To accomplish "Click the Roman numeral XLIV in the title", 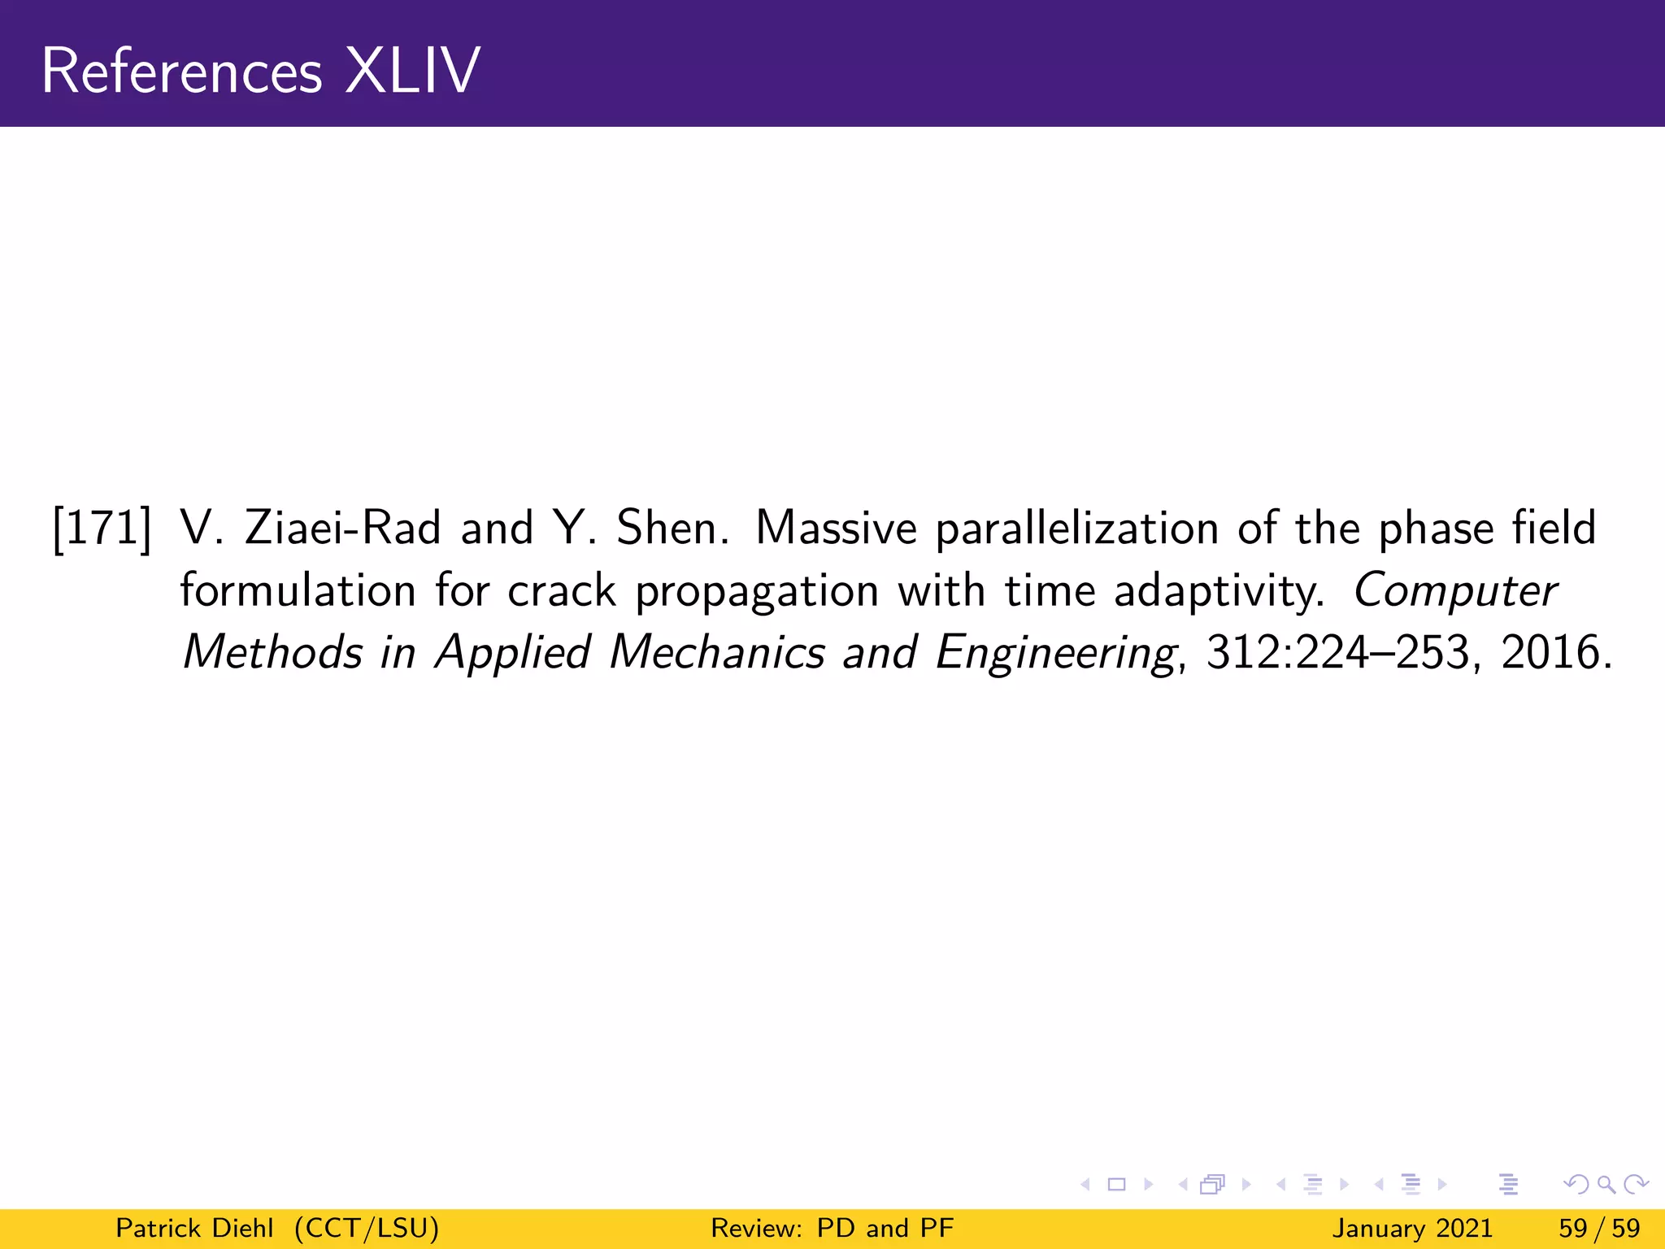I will pyautogui.click(x=412, y=72).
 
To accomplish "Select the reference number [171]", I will pyautogui.click(x=102, y=529).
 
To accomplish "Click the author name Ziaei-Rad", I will pyautogui.click(x=342, y=529).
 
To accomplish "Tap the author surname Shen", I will pyautogui.click(x=667, y=529).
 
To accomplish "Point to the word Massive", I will pyautogui.click(x=836, y=529).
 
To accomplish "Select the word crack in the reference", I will pyautogui.click(x=562, y=591).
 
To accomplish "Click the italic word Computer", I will pyautogui.click(x=1455, y=591).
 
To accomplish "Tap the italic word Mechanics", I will pyautogui.click(x=717, y=653).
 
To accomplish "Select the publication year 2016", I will pyautogui.click(x=1550, y=653).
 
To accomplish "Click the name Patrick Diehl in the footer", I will pyautogui.click(x=194, y=1228).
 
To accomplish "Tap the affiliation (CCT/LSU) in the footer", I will pyautogui.click(x=367, y=1228).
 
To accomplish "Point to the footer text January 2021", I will pyautogui.click(x=1412, y=1228).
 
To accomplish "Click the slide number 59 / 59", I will pyautogui.click(x=1599, y=1228).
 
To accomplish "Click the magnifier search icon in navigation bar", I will pyautogui.click(x=1606, y=1185).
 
